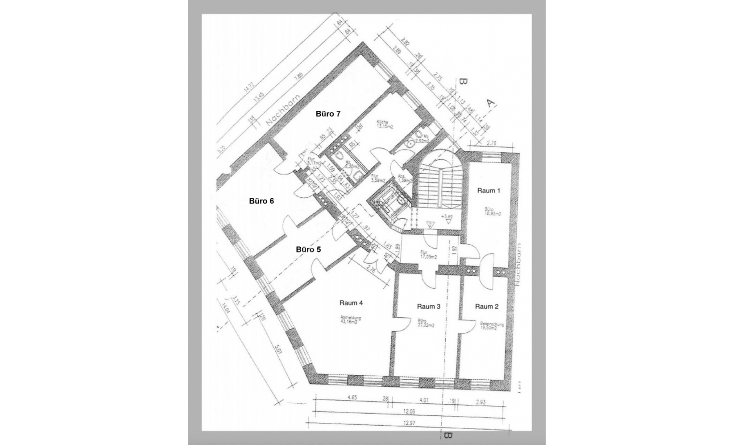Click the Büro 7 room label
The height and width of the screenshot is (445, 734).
click(x=328, y=114)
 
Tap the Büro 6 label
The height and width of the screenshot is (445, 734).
click(x=261, y=201)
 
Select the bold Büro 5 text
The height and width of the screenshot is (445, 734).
click(x=308, y=250)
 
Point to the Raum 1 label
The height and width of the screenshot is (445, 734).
click(x=489, y=191)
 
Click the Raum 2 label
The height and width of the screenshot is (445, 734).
click(x=487, y=306)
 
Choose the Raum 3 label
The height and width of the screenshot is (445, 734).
click(x=428, y=306)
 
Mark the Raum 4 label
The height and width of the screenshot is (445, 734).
click(x=351, y=303)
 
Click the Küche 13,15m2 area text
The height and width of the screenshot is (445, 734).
click(x=385, y=125)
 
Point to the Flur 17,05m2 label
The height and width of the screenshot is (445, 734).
click(x=428, y=254)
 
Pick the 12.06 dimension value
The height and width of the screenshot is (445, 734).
click(x=409, y=411)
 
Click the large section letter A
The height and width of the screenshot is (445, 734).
click(x=491, y=103)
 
